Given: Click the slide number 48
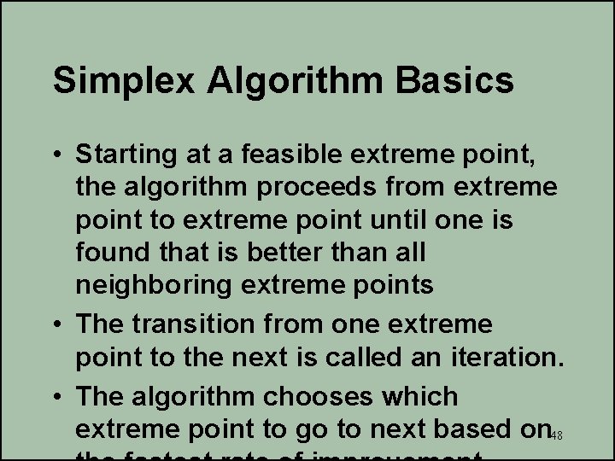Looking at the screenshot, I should point(556,435).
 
